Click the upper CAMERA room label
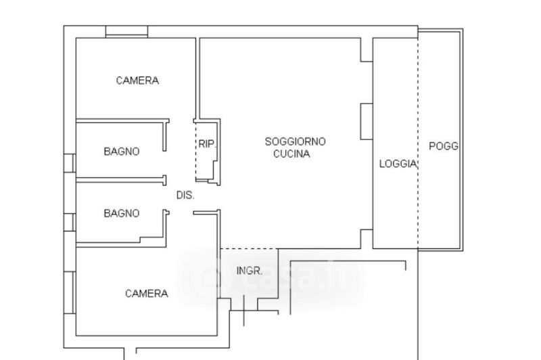pos(137,81)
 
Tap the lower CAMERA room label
pos(146,294)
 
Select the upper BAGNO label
pos(122,151)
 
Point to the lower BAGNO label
pos(122,213)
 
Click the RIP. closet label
pos(207,144)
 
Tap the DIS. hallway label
pos(185,196)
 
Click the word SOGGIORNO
pos(295,141)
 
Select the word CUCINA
pos(291,154)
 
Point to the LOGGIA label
pos(398,164)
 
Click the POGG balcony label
pos(444,146)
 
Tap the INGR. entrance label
pos(249,271)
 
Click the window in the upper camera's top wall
pos(126,31)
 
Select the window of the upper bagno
pos(70,163)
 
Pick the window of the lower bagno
pos(70,222)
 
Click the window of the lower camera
pos(70,293)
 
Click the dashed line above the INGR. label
pos(249,248)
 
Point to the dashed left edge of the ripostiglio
pos(196,151)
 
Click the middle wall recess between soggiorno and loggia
pos(367,122)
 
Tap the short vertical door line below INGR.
pos(244,311)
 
